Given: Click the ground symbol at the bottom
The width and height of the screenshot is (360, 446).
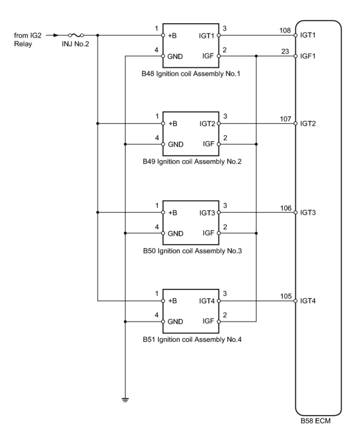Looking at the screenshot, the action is pyautogui.click(x=125, y=400).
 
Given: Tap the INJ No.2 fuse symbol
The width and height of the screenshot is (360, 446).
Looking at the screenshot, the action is pyautogui.click(x=76, y=35).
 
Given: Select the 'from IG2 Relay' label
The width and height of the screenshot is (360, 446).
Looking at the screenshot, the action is pyautogui.click(x=28, y=40).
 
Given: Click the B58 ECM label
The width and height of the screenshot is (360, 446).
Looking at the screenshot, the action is pyautogui.click(x=315, y=421).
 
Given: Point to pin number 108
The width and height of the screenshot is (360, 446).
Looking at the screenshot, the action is pyautogui.click(x=285, y=31).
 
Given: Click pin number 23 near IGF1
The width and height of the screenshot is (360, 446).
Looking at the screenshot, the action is pyautogui.click(x=285, y=51).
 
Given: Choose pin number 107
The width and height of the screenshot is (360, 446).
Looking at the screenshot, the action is pyautogui.click(x=285, y=119).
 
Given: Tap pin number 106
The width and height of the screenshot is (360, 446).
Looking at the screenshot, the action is pyautogui.click(x=286, y=208).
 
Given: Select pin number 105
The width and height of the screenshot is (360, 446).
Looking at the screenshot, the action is pyautogui.click(x=286, y=296).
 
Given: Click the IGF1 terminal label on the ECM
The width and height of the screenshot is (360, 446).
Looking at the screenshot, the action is pyautogui.click(x=308, y=56).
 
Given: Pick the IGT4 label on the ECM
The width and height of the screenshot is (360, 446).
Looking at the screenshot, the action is pyautogui.click(x=308, y=301).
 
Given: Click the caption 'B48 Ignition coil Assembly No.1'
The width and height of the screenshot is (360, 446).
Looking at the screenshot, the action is pyautogui.click(x=191, y=74).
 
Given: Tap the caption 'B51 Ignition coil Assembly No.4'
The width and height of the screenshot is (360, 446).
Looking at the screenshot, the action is pyautogui.click(x=192, y=339).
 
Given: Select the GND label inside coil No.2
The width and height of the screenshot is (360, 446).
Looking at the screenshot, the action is pyautogui.click(x=176, y=144).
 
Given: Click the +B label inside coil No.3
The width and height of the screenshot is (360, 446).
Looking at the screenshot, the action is pyautogui.click(x=173, y=213).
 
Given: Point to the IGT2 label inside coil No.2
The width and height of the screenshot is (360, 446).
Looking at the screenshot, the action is pyautogui.click(x=207, y=124).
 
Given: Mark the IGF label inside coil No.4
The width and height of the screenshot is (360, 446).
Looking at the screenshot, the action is pyautogui.click(x=208, y=321).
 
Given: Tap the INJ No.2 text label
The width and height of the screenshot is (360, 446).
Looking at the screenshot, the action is pyautogui.click(x=75, y=44).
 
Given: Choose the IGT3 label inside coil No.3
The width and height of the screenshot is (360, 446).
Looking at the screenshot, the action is pyautogui.click(x=207, y=213).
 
